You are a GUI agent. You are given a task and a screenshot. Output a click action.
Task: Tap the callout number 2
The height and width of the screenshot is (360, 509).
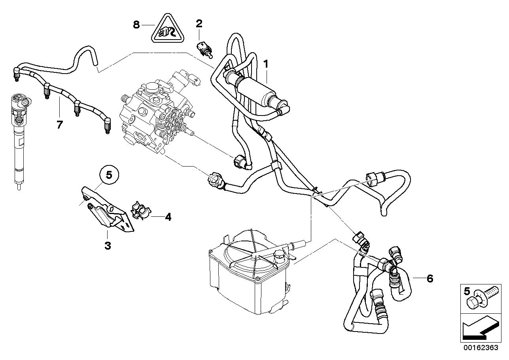click(199, 24)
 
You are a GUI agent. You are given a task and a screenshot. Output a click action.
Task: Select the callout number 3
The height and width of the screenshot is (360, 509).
click(108, 246)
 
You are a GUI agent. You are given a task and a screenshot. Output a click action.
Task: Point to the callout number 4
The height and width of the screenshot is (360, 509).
click(168, 217)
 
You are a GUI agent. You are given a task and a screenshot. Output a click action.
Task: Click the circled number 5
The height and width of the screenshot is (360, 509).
click(109, 174)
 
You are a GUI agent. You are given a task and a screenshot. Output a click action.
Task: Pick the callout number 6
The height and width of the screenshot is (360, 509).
click(430, 279)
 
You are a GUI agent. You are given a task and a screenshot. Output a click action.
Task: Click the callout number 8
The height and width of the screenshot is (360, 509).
click(136, 25)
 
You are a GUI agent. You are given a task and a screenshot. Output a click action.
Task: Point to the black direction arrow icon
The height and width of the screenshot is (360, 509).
click(479, 328)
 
